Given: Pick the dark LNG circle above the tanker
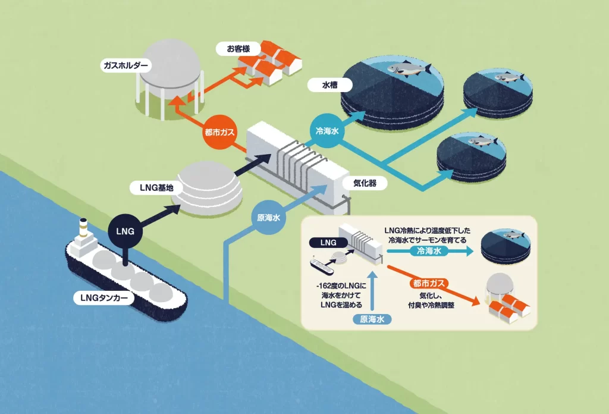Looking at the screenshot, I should pyautogui.click(x=125, y=230).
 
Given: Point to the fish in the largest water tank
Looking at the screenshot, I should pyautogui.click(x=407, y=70).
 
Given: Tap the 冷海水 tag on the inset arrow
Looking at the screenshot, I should pyautogui.click(x=427, y=252).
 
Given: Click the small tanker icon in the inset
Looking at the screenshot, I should pyautogui.click(x=322, y=262).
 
